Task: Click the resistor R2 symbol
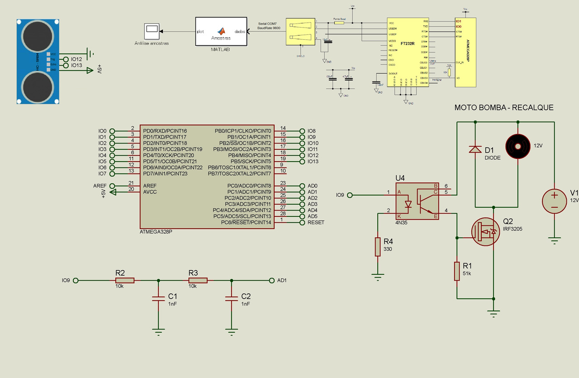[x=125, y=280]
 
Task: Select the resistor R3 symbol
[x=198, y=280]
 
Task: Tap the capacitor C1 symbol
[x=158, y=298]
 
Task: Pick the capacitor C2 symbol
[x=231, y=298]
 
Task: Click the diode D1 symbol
[x=475, y=149]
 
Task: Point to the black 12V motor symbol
[x=517, y=146]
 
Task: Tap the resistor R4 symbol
[x=378, y=247]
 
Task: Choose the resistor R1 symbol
[x=457, y=271]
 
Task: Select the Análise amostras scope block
[x=152, y=31]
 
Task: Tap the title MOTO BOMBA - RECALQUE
[x=503, y=108]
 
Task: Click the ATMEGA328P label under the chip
[x=156, y=231]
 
